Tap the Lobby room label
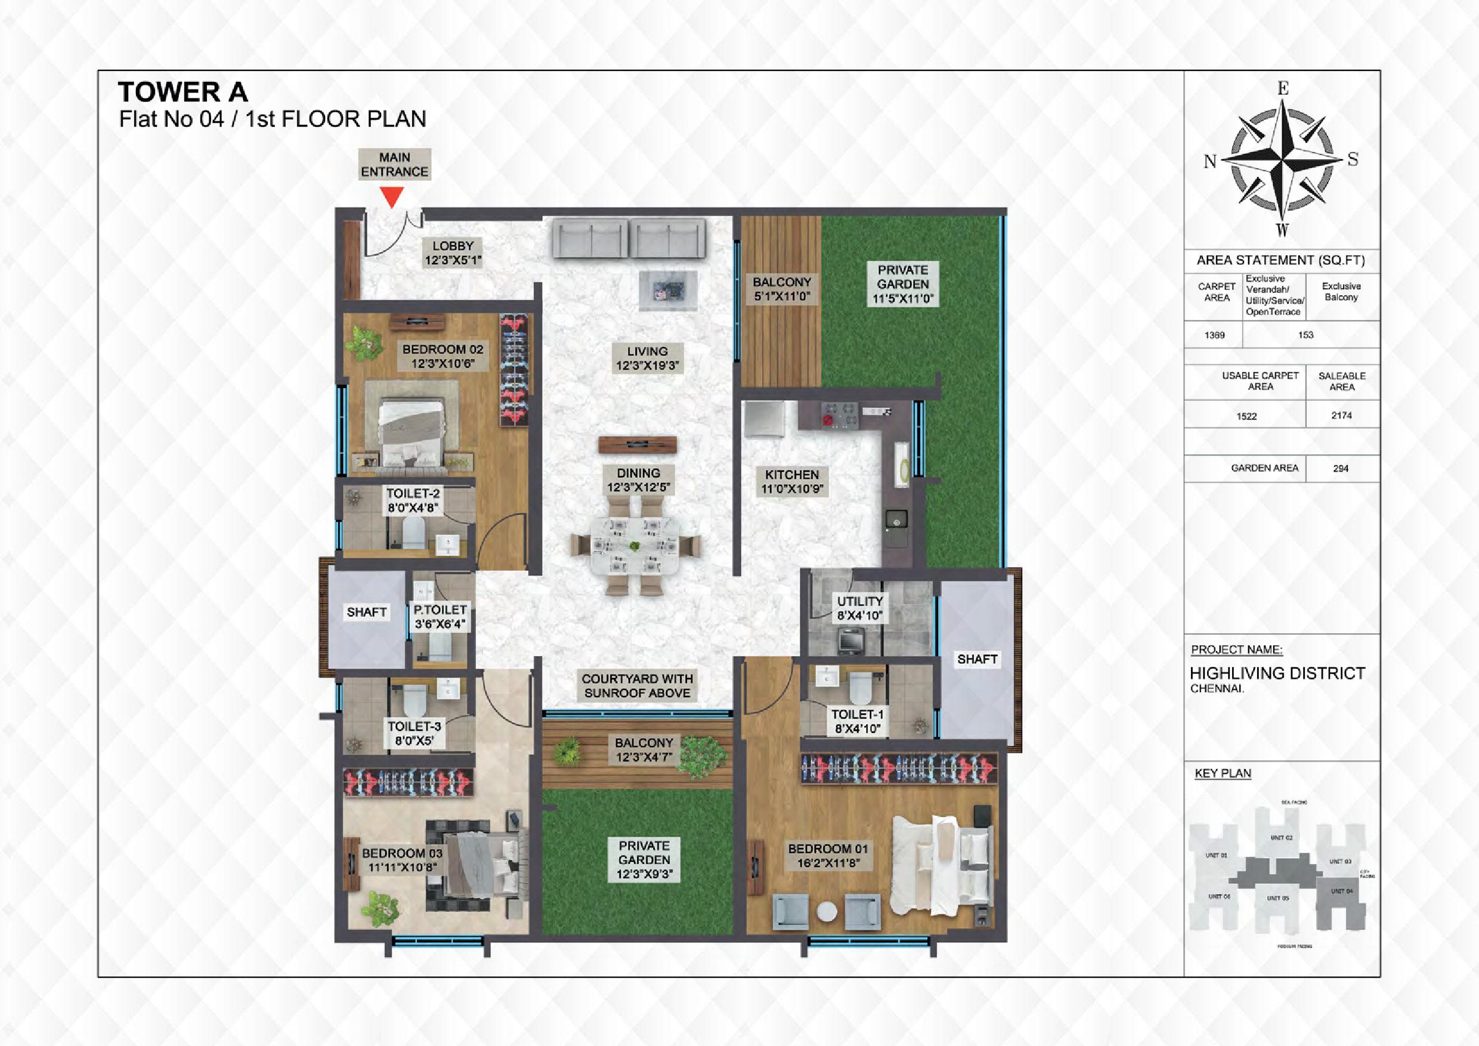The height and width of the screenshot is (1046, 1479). click(453, 253)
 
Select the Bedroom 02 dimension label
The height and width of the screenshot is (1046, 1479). click(443, 364)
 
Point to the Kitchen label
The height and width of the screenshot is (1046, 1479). click(791, 481)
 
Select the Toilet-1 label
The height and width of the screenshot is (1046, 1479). click(857, 722)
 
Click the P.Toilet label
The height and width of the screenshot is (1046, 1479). click(440, 617)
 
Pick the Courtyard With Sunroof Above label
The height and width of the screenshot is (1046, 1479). click(637, 685)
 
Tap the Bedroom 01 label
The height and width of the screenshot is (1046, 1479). click(828, 856)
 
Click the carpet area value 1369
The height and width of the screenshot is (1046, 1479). click(1214, 335)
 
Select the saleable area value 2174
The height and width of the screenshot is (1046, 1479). click(1341, 416)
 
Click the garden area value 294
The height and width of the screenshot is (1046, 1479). click(1341, 468)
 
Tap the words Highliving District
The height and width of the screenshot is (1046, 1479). click(1277, 674)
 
